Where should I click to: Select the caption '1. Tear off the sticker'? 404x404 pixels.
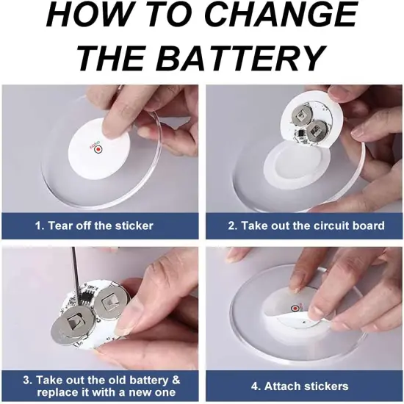pos(94,226)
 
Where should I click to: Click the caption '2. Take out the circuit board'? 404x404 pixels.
pos(306,226)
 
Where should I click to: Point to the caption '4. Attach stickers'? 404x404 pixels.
pos(300,386)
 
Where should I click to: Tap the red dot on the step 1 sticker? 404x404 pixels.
pos(98,149)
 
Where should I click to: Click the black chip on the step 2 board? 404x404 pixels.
pos(300,134)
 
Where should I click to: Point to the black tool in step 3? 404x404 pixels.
pos(76,274)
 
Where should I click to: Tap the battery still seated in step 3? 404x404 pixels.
pos(112,302)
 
